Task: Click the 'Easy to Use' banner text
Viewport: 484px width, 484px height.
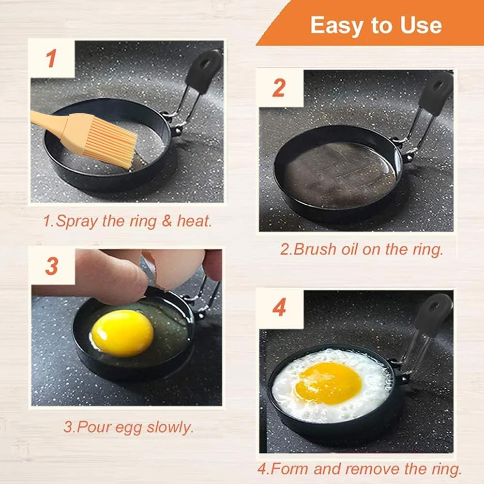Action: coord(376,25)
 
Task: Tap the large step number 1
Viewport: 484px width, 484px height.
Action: coord(51,59)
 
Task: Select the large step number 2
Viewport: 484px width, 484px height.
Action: coord(279,88)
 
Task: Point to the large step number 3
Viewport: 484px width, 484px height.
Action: coord(52,266)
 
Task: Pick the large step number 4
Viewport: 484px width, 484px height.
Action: coord(279,307)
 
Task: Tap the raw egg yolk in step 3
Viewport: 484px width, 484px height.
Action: coord(122,333)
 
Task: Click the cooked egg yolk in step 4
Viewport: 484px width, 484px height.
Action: coord(328,383)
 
